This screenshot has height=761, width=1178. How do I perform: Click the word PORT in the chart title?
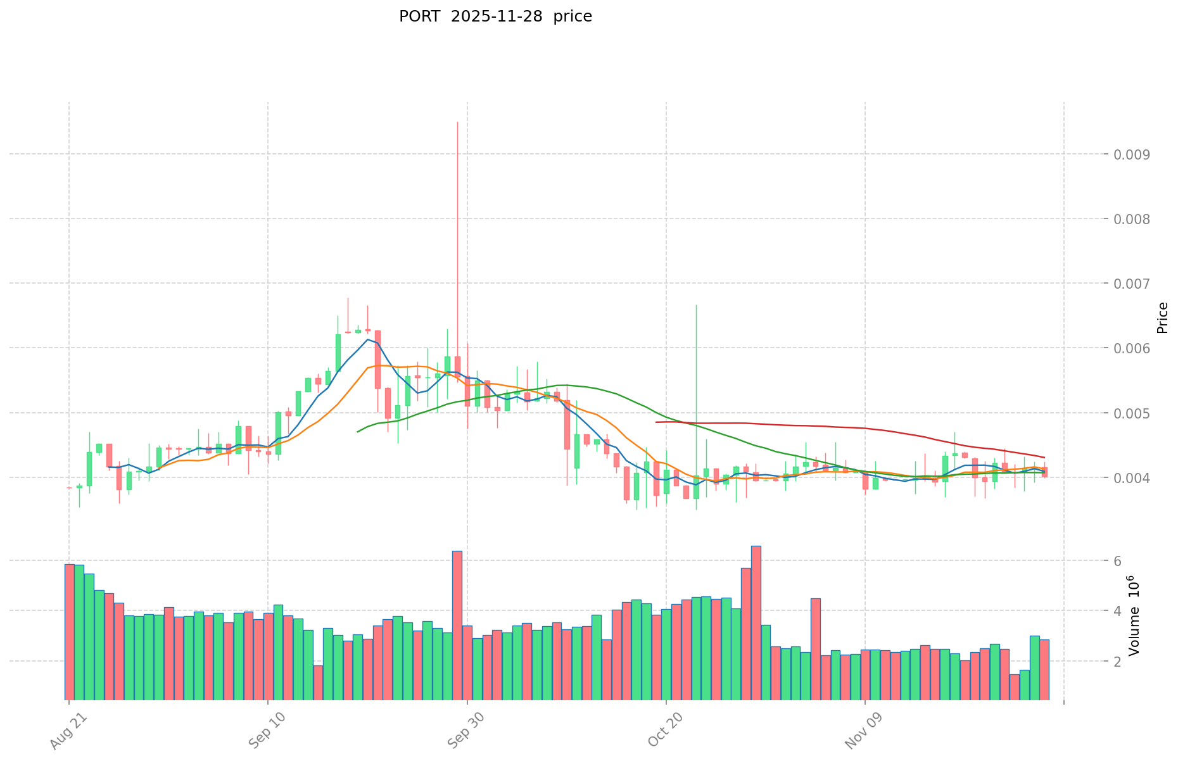click(x=419, y=16)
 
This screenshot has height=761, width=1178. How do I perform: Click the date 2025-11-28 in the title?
click(x=497, y=16)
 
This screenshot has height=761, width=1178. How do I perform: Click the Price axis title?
click(x=1162, y=318)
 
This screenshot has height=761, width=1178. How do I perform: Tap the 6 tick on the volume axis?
click(x=1117, y=561)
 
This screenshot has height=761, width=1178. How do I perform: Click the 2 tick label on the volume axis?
click(x=1117, y=662)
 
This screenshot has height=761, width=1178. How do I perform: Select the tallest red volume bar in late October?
click(x=756, y=620)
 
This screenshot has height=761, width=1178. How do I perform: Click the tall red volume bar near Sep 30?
click(x=457, y=624)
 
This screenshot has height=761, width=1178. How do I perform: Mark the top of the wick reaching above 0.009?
click(x=457, y=122)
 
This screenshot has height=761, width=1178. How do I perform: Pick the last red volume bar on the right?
click(x=1044, y=669)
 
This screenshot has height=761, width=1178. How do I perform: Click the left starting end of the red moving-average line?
click(x=656, y=422)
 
